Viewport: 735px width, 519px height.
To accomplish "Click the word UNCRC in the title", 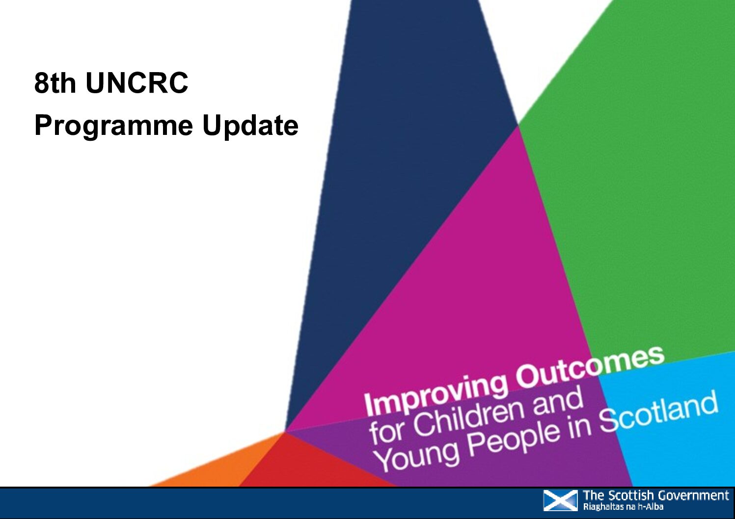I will pos(136,83).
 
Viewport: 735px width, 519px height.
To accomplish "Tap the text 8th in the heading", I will pos(55,83).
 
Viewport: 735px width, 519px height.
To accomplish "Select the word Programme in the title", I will pos(113,126).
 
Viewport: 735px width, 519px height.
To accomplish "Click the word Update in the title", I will pos(250,126).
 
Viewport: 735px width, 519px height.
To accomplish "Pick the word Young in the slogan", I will pos(417,457).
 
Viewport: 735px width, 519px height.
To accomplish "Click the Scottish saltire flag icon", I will pos(560,501).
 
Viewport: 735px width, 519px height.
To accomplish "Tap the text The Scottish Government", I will pos(655,496).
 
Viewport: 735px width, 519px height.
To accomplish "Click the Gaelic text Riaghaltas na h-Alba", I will pos(623,507).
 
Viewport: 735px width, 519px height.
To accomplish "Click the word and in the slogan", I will pos(560,400).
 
